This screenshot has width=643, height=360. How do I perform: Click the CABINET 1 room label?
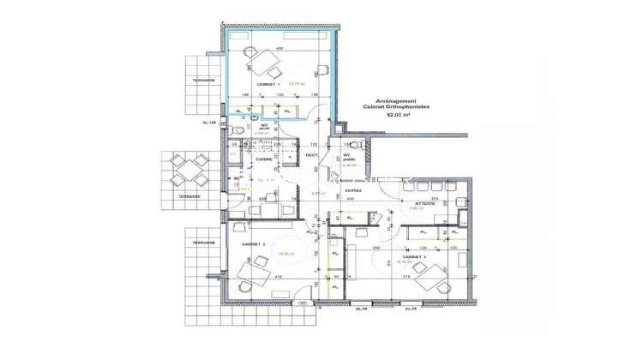[x=256, y=84]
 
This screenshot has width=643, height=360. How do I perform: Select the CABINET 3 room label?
[x=416, y=255]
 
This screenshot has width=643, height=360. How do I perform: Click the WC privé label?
[x=266, y=127]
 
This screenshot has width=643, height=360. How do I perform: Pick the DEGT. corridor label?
[x=313, y=155]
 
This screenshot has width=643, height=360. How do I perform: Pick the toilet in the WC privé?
[x=237, y=128]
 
